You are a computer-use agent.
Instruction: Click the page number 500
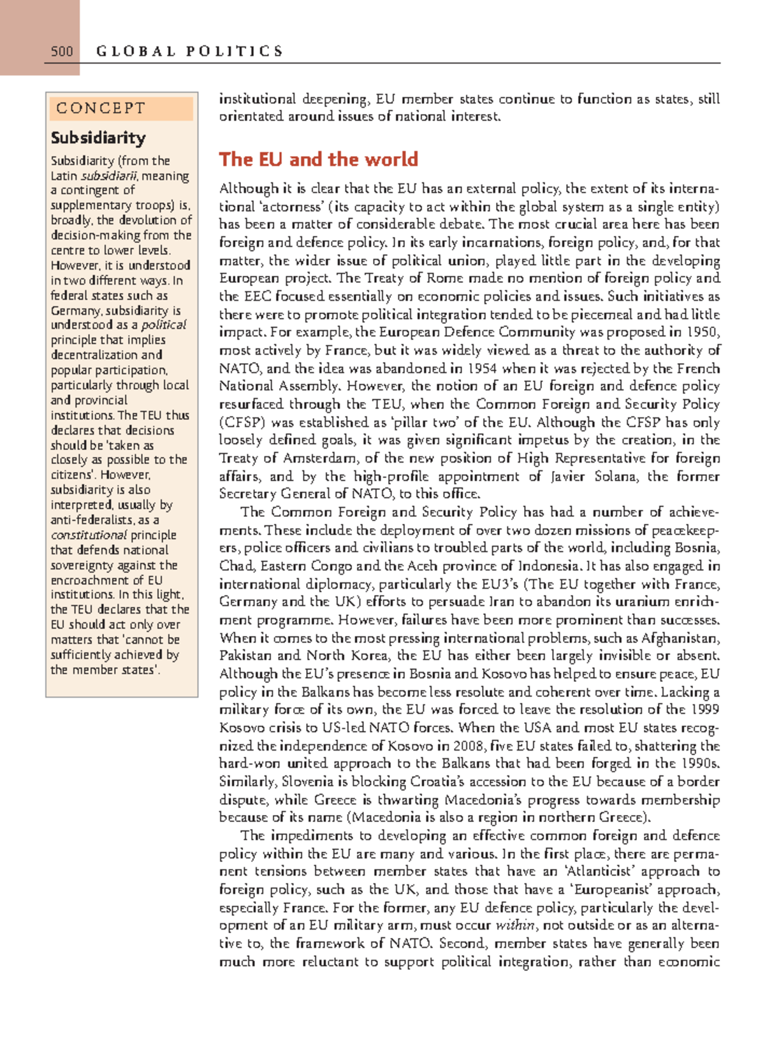point(62,52)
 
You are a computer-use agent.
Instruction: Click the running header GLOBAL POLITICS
point(189,52)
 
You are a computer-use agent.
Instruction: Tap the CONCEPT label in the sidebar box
point(101,108)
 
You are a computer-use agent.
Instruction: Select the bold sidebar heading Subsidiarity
point(98,138)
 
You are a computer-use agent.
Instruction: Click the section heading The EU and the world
point(318,159)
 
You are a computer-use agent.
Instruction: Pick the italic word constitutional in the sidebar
point(89,535)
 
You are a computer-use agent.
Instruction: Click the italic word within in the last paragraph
point(516,925)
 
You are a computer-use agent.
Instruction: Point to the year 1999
point(705,709)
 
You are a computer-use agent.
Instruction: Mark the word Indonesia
point(548,566)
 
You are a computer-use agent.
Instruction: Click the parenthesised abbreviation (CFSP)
point(240,422)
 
